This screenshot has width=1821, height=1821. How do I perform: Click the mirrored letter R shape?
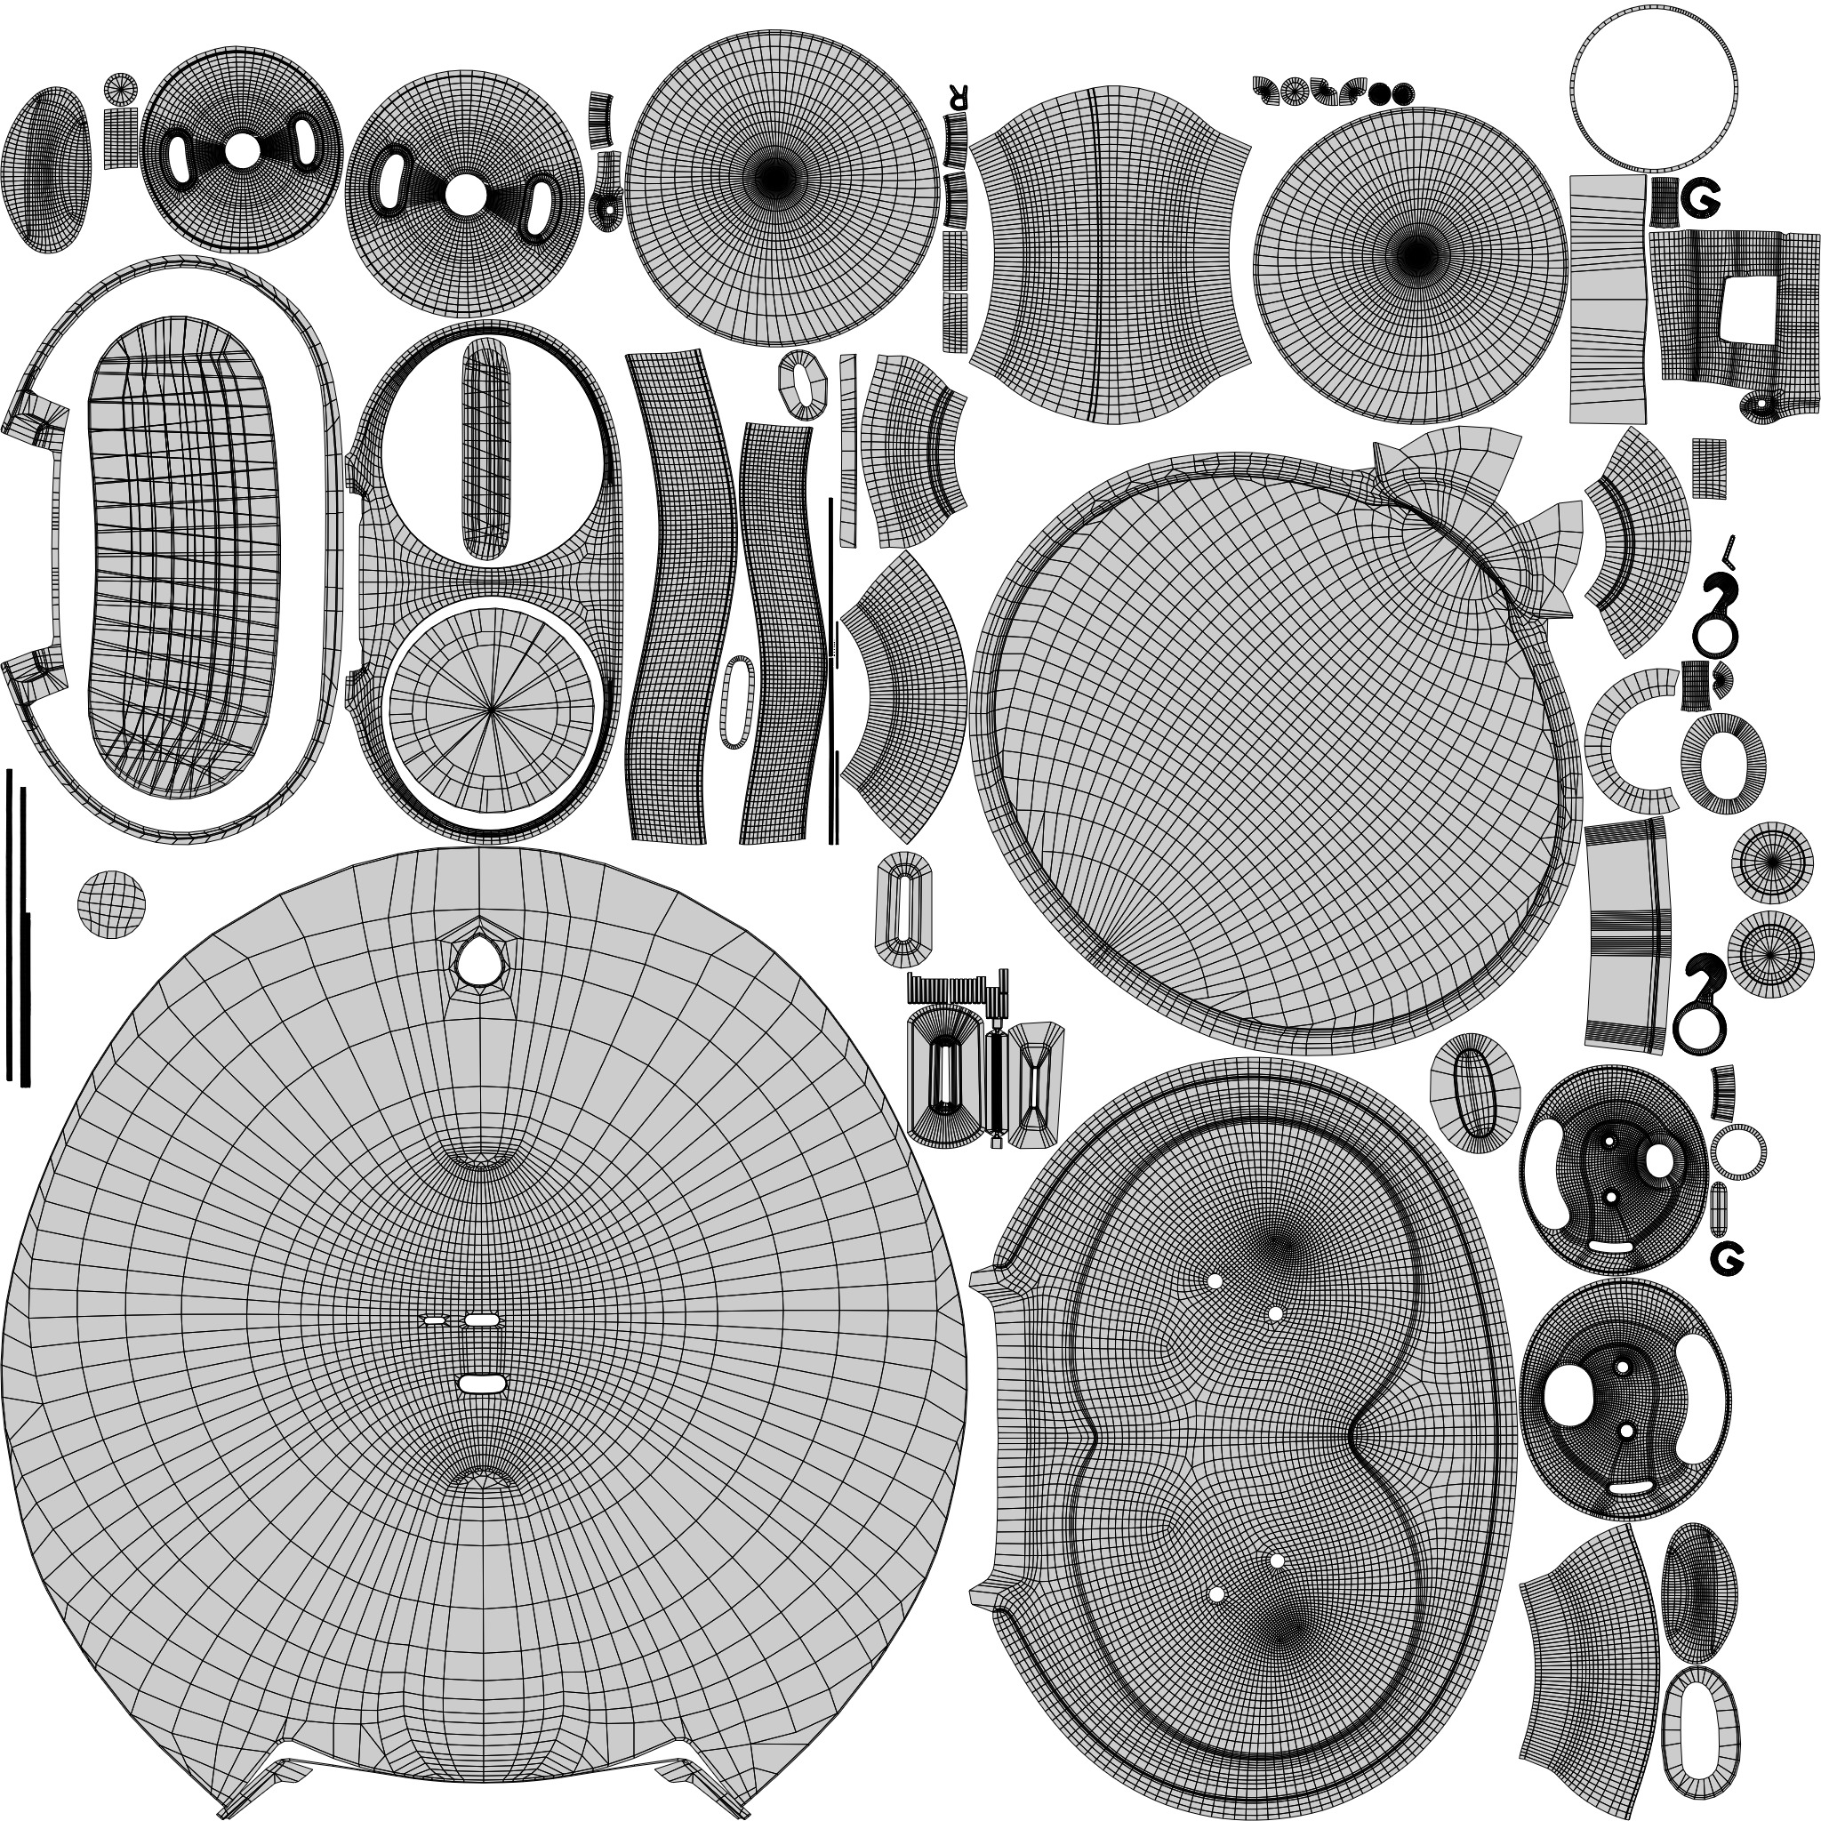pos(959,96)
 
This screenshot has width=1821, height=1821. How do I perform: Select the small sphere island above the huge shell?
pos(112,904)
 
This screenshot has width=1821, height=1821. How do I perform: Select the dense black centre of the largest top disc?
pos(773,174)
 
